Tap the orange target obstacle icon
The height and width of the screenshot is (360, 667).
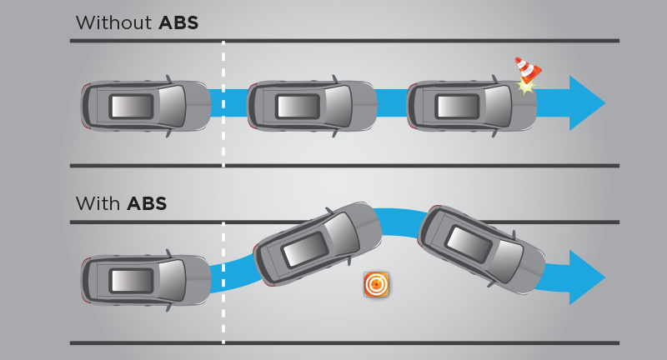point(377,284)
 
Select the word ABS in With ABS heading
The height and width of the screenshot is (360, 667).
point(147,203)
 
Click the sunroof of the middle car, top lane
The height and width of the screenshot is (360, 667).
point(298,107)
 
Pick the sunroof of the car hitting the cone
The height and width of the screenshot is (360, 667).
point(456,107)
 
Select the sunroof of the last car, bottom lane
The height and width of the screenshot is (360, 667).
point(468,242)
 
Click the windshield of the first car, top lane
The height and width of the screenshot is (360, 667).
point(172,106)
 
